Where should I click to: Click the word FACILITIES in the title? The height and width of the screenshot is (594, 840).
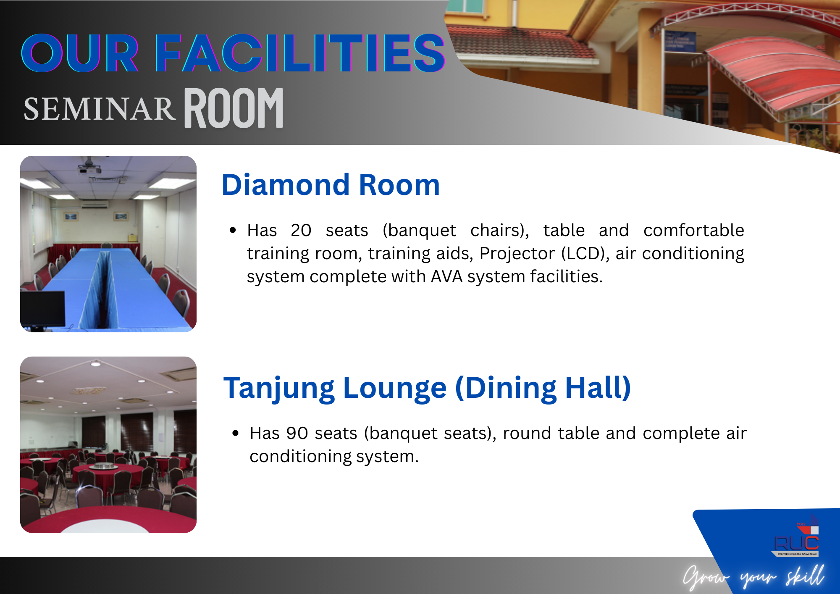click(x=300, y=53)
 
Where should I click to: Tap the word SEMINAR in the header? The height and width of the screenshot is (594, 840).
click(x=99, y=109)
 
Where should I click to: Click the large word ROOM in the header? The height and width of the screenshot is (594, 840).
click(x=234, y=108)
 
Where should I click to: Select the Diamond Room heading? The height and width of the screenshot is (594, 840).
click(x=331, y=185)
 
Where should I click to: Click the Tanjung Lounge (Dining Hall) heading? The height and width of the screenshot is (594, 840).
click(x=427, y=388)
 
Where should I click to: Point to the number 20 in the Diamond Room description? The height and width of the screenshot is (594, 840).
click(x=301, y=230)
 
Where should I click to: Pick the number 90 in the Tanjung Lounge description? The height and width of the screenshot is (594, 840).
click(x=297, y=433)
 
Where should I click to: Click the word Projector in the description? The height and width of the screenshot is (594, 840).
click(x=517, y=253)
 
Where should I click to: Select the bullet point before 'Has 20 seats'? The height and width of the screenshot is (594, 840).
click(x=233, y=230)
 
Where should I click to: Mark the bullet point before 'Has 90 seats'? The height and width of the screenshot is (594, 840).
click(x=236, y=433)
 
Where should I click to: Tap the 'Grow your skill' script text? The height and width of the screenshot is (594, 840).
click(x=753, y=576)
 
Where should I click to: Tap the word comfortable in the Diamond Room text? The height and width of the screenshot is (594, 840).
click(x=694, y=230)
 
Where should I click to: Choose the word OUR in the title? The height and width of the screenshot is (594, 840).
click(x=80, y=53)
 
